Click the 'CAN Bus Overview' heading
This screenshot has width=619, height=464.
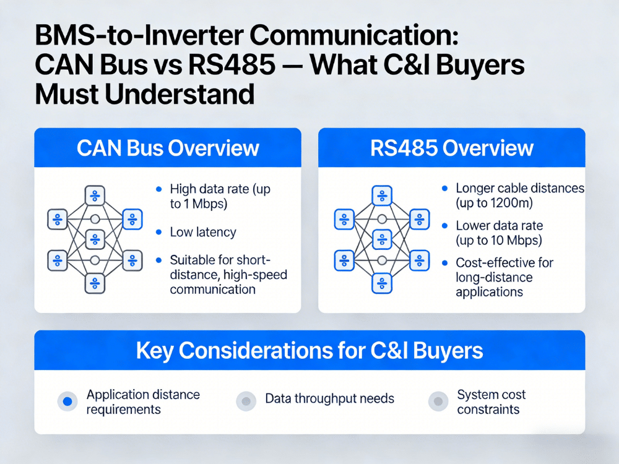click(x=167, y=148)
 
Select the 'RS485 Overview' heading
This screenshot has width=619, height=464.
click(x=451, y=148)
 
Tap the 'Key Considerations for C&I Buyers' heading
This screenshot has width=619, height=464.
click(x=309, y=351)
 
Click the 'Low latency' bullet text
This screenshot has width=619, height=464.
click(x=202, y=233)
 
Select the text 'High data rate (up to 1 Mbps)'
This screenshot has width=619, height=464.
click(x=220, y=195)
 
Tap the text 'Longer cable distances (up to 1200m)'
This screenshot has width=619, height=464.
click(x=519, y=195)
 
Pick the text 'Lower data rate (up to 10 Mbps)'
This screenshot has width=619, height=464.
click(x=499, y=233)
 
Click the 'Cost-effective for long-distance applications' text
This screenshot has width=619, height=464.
click(x=504, y=277)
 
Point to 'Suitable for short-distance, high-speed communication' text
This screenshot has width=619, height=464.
click(x=228, y=274)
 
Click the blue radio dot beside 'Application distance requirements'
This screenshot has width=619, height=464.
click(x=67, y=402)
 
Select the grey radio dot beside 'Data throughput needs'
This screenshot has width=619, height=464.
click(x=246, y=402)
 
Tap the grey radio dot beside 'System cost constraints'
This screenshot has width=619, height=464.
click(x=438, y=402)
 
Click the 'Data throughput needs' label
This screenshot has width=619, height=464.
click(x=329, y=398)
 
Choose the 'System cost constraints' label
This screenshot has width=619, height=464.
click(x=491, y=402)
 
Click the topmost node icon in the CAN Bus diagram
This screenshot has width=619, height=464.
click(x=95, y=195)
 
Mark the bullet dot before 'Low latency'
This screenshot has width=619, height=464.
click(x=158, y=233)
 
